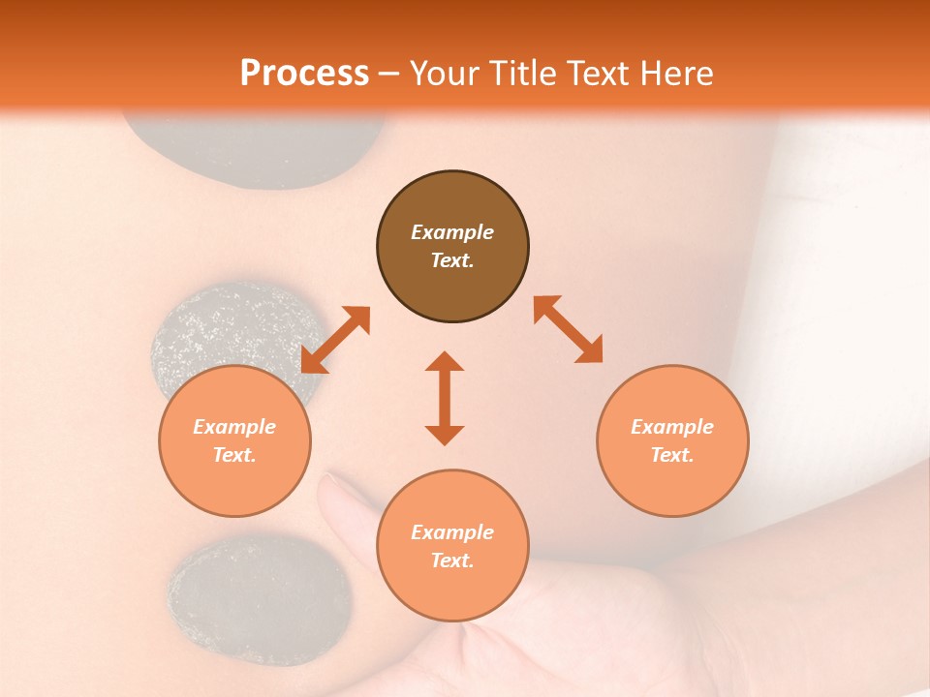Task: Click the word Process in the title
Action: tap(304, 74)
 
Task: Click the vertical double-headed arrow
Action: tap(445, 398)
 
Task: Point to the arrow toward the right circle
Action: tap(568, 329)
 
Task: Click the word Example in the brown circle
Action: tap(452, 232)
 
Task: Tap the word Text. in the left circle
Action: tap(234, 455)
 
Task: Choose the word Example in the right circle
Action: tap(672, 427)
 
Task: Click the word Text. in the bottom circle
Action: tap(452, 561)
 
